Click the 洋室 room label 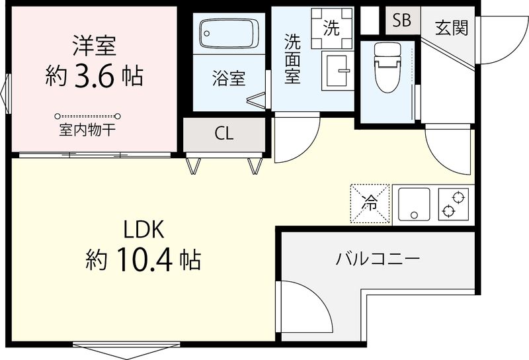tap(94, 47)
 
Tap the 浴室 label tap(228, 78)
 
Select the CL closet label tap(224, 133)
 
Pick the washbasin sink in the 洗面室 tap(338, 69)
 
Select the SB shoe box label tap(401, 21)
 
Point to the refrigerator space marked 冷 tap(370, 203)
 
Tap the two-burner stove tap(452, 203)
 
